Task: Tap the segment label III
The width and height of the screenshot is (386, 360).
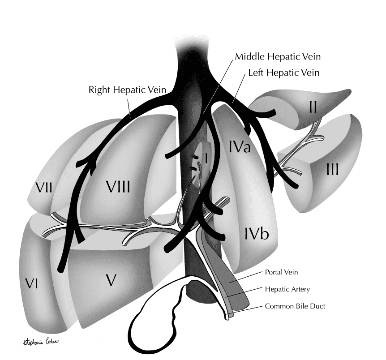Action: click(332, 169)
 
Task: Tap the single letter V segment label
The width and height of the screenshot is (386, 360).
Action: click(112, 280)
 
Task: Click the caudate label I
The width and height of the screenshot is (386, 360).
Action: click(206, 158)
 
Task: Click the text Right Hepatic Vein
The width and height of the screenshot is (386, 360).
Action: click(127, 90)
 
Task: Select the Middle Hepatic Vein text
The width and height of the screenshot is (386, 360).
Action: click(278, 57)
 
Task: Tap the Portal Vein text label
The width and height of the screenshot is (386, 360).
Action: click(281, 272)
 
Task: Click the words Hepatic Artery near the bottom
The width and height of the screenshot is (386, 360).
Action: click(287, 290)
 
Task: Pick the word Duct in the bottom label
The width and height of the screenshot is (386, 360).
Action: click(319, 307)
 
